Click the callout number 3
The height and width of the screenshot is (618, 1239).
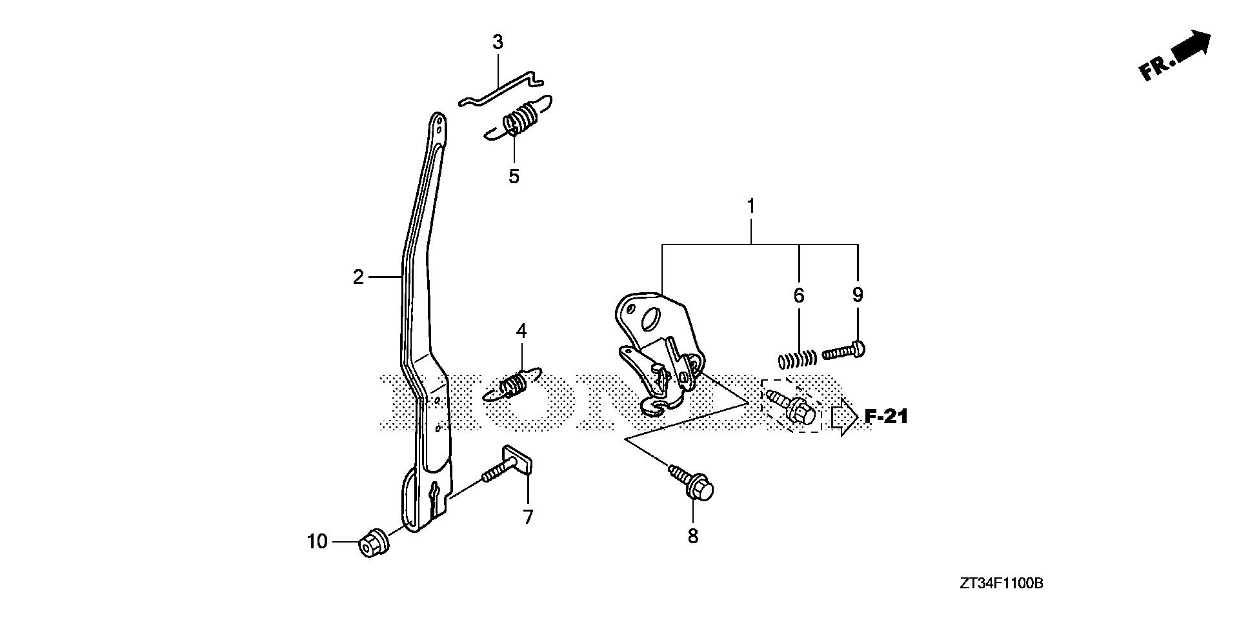point(498,43)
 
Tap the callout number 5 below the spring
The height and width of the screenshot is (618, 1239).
point(514,176)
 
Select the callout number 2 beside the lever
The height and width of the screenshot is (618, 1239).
point(359,277)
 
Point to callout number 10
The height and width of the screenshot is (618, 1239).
point(317,542)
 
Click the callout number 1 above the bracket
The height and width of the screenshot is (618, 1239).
point(750,206)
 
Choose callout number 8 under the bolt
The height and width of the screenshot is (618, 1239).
point(693,536)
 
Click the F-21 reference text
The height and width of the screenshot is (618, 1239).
point(886,417)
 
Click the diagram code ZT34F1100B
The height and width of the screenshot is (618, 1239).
point(1001,584)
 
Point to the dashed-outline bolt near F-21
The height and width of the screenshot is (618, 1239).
point(792,407)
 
